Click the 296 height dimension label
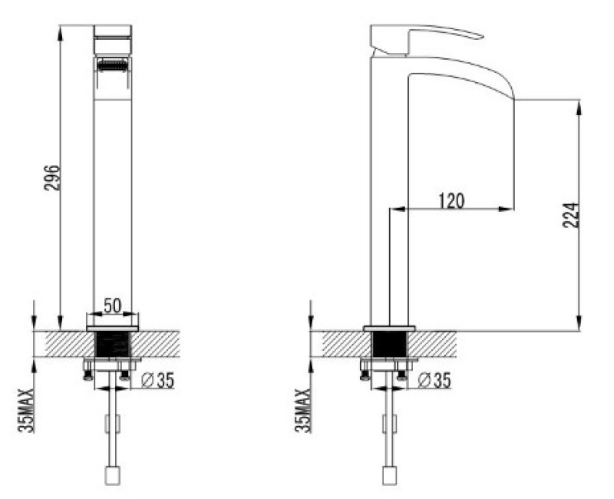pos(52,178)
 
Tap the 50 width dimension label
pos(112,306)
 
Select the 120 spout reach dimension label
pos(451,201)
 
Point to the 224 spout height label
pos(570,215)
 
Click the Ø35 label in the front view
pos(157,380)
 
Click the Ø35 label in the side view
pos(434,380)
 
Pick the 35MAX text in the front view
pos(26,411)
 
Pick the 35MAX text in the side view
pos(302,410)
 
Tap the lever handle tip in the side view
pos(481,37)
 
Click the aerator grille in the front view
pos(113,64)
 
